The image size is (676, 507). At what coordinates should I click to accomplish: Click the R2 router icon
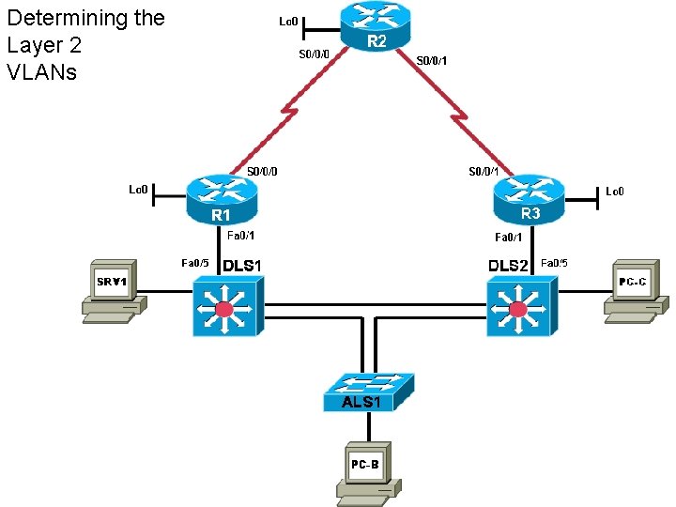point(376,26)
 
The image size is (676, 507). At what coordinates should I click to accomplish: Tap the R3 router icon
point(530,198)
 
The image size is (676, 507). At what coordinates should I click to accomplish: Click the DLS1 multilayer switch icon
point(228,307)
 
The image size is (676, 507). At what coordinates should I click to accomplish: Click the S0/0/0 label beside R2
point(314,54)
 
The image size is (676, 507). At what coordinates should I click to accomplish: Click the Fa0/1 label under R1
point(241,237)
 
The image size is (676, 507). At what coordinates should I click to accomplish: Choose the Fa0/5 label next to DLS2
point(555,263)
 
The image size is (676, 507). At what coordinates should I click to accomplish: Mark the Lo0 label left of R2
point(289,21)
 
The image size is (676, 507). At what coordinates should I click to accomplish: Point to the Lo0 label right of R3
point(614,192)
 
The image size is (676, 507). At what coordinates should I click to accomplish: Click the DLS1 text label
point(241,266)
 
